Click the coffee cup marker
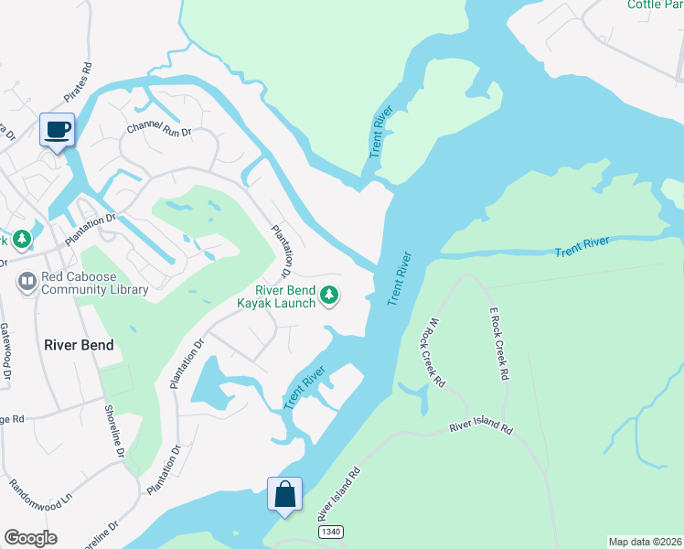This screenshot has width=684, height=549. point(58,130)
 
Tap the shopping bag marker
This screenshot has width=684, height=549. point(284,494)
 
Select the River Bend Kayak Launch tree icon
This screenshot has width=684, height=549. point(330,296)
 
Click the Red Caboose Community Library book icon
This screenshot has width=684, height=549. point(27,282)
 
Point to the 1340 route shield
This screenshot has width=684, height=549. point(330,532)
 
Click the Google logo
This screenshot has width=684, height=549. point(30,538)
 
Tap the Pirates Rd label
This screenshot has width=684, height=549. point(79,81)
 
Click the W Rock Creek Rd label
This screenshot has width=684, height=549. point(433,352)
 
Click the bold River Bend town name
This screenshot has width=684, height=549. point(79,345)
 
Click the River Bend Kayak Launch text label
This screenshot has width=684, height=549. point(276,296)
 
